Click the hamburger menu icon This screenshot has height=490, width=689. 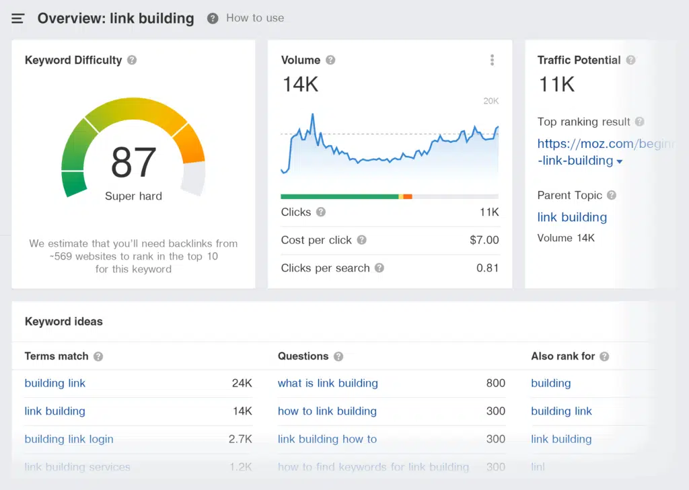[x=18, y=19]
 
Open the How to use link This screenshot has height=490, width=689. [x=254, y=18]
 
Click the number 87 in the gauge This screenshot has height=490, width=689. [x=133, y=162]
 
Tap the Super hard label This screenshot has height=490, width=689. [x=133, y=196]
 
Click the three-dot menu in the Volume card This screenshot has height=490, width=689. [x=492, y=60]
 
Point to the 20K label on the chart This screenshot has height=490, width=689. [x=491, y=101]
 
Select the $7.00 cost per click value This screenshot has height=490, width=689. [x=484, y=240]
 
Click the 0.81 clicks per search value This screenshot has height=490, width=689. [x=487, y=268]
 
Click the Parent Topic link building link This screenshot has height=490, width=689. [x=572, y=217]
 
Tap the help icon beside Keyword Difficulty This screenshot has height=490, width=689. [x=132, y=60]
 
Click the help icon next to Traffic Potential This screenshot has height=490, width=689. [x=630, y=60]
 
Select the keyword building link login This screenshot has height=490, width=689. [x=69, y=439]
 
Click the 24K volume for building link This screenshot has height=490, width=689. [x=242, y=383]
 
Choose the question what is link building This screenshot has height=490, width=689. [x=328, y=383]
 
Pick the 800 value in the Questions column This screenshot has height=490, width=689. [x=495, y=383]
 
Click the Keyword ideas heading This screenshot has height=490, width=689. [x=64, y=321]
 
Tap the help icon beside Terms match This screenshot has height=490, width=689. [x=98, y=356]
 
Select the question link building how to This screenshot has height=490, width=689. [x=327, y=439]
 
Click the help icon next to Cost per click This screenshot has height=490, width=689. [x=362, y=240]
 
